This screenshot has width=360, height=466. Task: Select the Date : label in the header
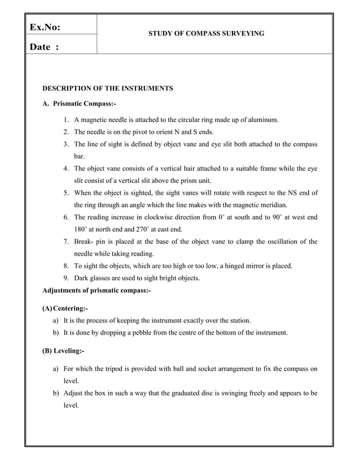click(x=45, y=48)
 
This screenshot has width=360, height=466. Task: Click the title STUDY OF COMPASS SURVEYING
click(x=206, y=34)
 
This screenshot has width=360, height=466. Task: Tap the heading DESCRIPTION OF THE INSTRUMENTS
click(x=108, y=89)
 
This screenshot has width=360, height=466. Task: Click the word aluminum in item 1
click(x=264, y=120)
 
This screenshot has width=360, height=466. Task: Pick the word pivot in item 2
click(x=144, y=132)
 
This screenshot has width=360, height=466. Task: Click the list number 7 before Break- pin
click(x=66, y=241)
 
